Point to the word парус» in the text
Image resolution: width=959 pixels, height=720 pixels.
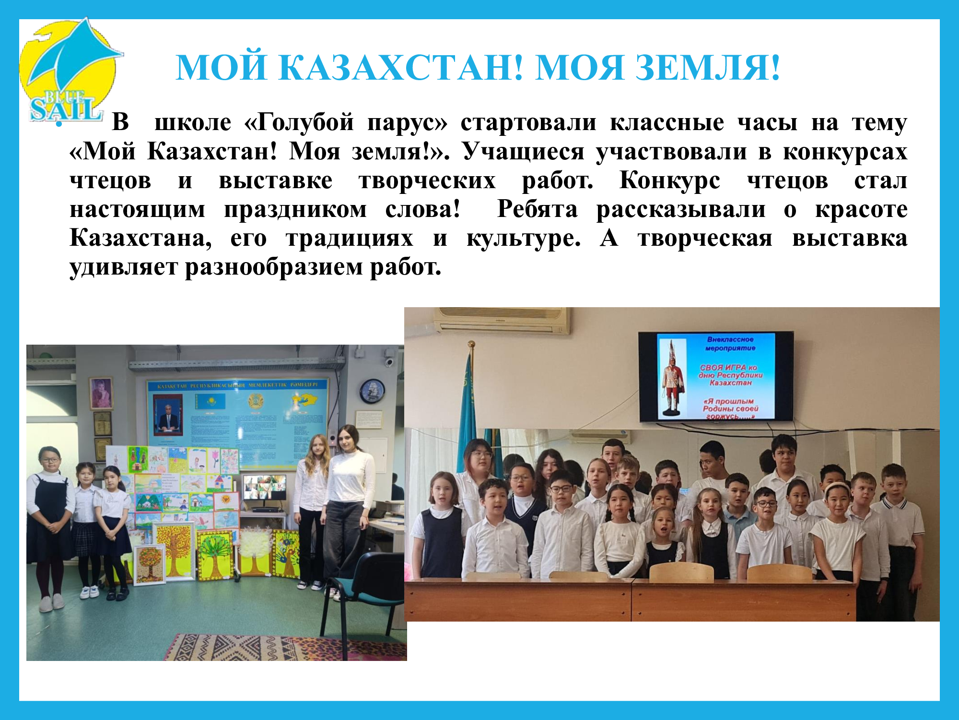tap(407, 122)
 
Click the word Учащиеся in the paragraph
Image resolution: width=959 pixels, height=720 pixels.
tap(523, 152)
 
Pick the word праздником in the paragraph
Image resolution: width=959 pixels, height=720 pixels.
tap(295, 209)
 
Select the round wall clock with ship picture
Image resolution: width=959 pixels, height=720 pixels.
tap(372, 391)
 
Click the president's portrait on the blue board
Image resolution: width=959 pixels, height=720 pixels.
tap(168, 416)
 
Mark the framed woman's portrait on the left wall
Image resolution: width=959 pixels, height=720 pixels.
tap(101, 393)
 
